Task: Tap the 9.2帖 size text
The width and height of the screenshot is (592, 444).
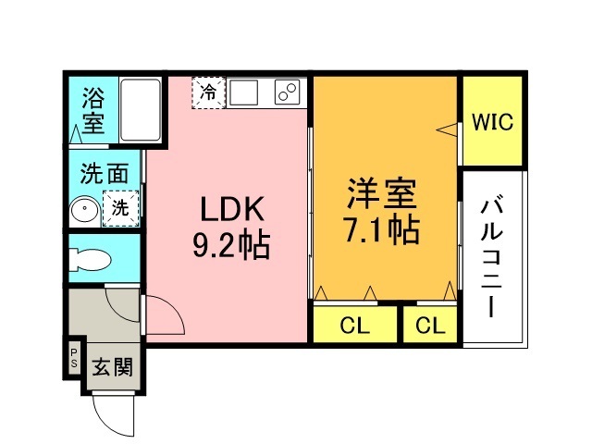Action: [230, 246]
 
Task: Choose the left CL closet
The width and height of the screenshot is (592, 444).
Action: [354, 325]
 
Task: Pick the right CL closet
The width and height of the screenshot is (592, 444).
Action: [429, 325]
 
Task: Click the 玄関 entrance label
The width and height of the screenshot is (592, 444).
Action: [112, 366]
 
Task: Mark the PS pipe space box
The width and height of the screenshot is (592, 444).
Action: [73, 357]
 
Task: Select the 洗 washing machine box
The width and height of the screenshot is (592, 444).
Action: [121, 208]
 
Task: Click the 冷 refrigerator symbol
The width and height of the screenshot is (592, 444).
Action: [209, 92]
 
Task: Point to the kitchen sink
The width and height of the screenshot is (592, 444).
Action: [246, 92]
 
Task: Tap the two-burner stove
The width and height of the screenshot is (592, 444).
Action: [288, 92]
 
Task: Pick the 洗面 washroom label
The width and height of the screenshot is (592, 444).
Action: [103, 172]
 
